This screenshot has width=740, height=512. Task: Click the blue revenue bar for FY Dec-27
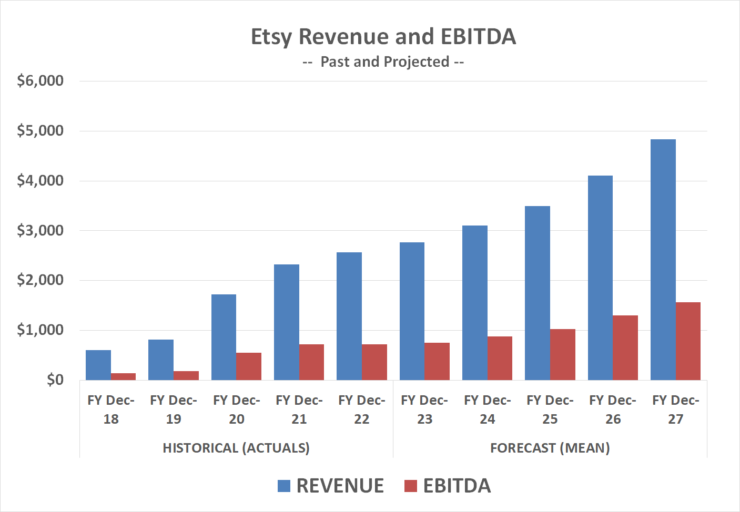[x=663, y=260]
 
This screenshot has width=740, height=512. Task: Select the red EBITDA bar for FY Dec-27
[x=688, y=341]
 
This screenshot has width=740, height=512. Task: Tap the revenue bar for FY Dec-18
[x=98, y=365]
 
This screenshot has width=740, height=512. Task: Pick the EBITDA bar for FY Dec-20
[x=249, y=366]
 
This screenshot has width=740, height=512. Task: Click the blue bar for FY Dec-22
[x=349, y=316]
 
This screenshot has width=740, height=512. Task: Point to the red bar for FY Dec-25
[x=562, y=354]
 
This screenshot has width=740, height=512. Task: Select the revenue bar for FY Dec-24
[x=474, y=303]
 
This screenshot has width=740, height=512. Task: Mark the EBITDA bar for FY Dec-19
[x=186, y=375]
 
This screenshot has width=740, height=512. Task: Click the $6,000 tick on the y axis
[x=40, y=80]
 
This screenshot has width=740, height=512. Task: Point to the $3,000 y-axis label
[x=40, y=230]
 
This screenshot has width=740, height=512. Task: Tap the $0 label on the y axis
[x=55, y=380]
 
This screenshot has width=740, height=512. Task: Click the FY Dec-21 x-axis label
[x=299, y=409]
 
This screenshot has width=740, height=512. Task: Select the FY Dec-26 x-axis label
[x=613, y=409]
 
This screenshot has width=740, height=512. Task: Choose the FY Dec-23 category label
[x=424, y=409]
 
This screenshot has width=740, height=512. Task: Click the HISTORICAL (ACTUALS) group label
[x=236, y=448]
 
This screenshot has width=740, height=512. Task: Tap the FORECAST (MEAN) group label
[x=550, y=448]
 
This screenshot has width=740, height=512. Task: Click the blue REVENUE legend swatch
[x=284, y=486]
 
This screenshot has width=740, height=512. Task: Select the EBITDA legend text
[x=457, y=486]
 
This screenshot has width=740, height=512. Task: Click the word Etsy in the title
[x=270, y=37]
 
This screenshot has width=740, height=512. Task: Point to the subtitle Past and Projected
[x=384, y=62]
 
